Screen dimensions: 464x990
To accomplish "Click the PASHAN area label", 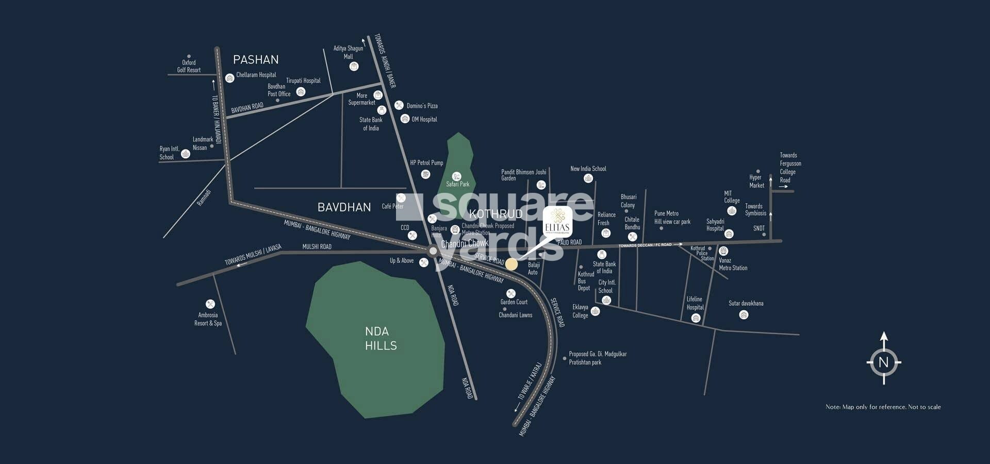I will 256,60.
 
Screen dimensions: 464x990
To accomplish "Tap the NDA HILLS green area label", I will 381,338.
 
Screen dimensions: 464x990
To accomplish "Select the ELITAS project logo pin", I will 557,222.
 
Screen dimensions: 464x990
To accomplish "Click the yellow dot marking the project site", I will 511,264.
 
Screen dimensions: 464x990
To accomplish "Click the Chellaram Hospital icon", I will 229,78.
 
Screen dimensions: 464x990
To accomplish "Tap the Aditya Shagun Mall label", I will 348,52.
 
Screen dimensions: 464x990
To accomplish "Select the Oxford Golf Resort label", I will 189,66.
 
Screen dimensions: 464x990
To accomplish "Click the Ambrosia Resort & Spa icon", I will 210,304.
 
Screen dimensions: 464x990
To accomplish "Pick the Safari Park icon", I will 456,176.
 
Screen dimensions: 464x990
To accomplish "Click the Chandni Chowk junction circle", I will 433,251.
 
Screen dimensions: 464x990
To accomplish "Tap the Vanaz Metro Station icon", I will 723,251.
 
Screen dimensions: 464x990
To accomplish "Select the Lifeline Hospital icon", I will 696,318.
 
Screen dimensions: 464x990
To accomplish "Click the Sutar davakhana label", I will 746,303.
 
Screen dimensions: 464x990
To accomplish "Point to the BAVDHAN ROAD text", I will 247,108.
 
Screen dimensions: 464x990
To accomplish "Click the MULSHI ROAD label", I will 317,246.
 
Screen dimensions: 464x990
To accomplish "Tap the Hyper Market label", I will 756,181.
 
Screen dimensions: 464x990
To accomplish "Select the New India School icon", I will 588,178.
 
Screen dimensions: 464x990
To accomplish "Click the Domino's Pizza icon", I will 399,105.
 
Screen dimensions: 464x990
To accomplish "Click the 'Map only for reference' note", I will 883,407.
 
